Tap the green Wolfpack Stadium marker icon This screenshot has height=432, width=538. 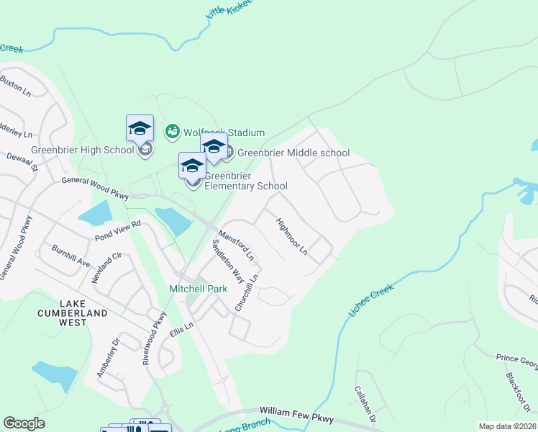point(172,131)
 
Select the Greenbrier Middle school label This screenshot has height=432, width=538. point(293,153)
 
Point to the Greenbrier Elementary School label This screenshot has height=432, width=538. point(245,181)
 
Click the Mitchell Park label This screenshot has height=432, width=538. point(198,289)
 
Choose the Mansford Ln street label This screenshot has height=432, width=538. point(237,245)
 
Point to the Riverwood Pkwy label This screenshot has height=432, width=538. point(154,336)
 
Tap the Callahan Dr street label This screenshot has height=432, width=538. point(365,403)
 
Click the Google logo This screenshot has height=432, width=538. point(24,423)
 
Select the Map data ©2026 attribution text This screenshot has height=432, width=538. point(508,426)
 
